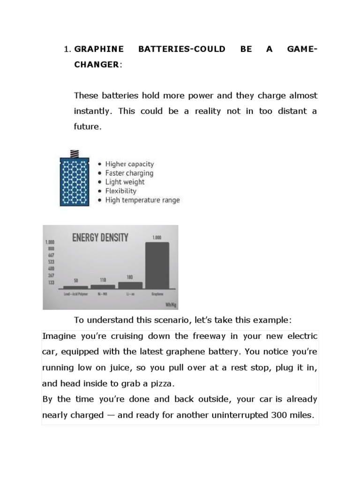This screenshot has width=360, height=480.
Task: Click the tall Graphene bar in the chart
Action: [x=157, y=265]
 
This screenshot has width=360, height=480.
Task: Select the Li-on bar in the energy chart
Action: [x=130, y=285]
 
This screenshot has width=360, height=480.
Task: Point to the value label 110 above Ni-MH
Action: [x=103, y=280]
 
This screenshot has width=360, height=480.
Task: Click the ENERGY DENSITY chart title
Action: [x=100, y=238]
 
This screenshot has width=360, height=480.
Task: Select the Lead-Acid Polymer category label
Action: [x=75, y=294]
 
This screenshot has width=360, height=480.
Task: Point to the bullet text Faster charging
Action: [x=129, y=173]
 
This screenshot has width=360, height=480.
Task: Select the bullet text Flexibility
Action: [x=120, y=191]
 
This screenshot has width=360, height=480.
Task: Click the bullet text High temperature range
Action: [x=142, y=200]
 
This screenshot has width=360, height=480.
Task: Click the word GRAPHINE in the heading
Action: [x=99, y=49]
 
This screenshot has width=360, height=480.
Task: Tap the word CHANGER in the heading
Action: [x=96, y=65]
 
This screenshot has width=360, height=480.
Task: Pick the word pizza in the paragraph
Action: [x=159, y=383]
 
